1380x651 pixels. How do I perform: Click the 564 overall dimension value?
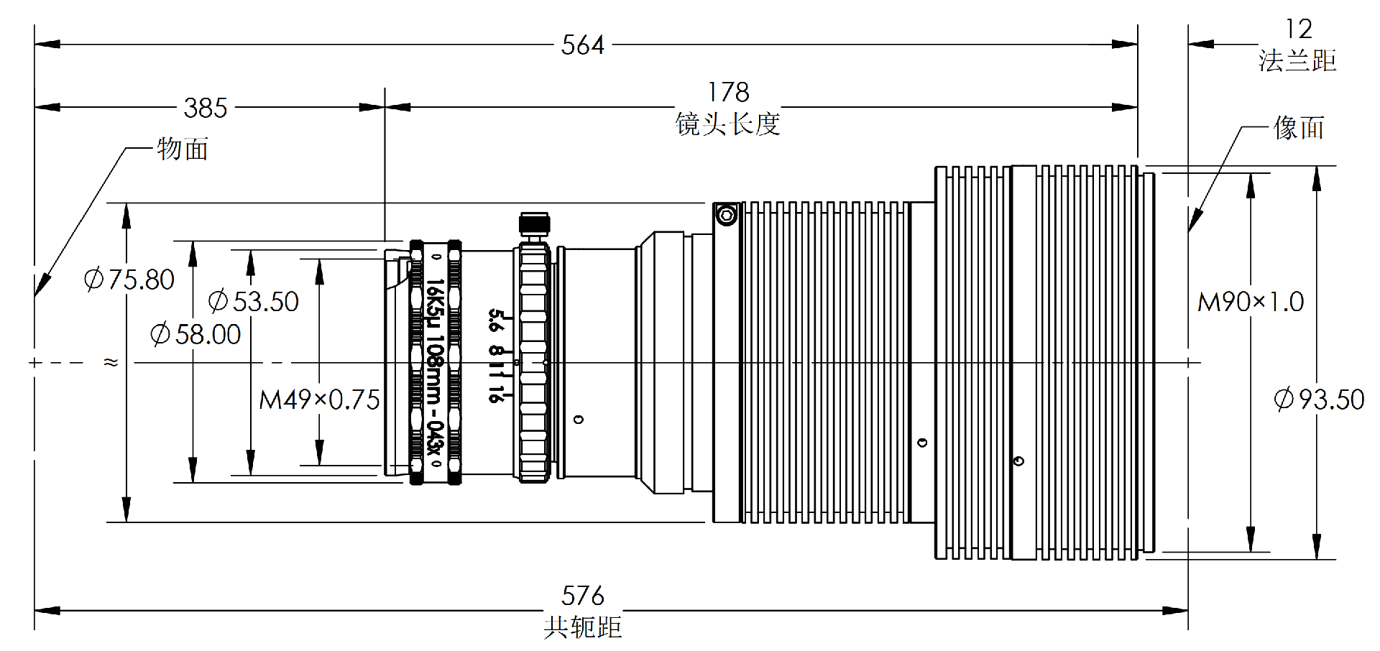click(x=582, y=45)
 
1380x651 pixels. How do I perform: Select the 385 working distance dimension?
click(x=206, y=108)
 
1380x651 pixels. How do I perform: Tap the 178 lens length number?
click(x=727, y=92)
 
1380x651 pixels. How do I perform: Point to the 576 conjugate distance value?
click(x=582, y=596)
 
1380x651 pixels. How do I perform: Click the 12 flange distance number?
click(x=1298, y=29)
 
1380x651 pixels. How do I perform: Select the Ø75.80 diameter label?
click(x=129, y=280)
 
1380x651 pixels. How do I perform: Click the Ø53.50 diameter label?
click(x=254, y=301)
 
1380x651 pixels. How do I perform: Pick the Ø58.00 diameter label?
click(x=195, y=334)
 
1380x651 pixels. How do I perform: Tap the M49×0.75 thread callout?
click(x=319, y=400)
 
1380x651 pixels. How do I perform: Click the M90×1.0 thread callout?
click(x=1251, y=302)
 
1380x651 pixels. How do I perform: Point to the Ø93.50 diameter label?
click(x=1319, y=399)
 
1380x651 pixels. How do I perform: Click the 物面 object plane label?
click(x=183, y=149)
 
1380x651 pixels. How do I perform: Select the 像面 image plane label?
click(x=1298, y=128)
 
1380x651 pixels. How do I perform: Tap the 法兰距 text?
click(x=1297, y=60)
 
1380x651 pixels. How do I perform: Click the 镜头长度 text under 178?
click(x=727, y=124)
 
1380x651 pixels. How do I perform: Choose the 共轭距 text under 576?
click(x=582, y=627)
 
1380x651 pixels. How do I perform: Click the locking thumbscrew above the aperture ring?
click(x=533, y=223)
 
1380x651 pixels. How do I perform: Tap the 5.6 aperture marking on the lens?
click(x=494, y=320)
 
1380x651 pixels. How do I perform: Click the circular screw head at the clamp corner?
click(x=727, y=215)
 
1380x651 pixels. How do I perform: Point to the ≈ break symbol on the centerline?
click(x=111, y=362)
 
